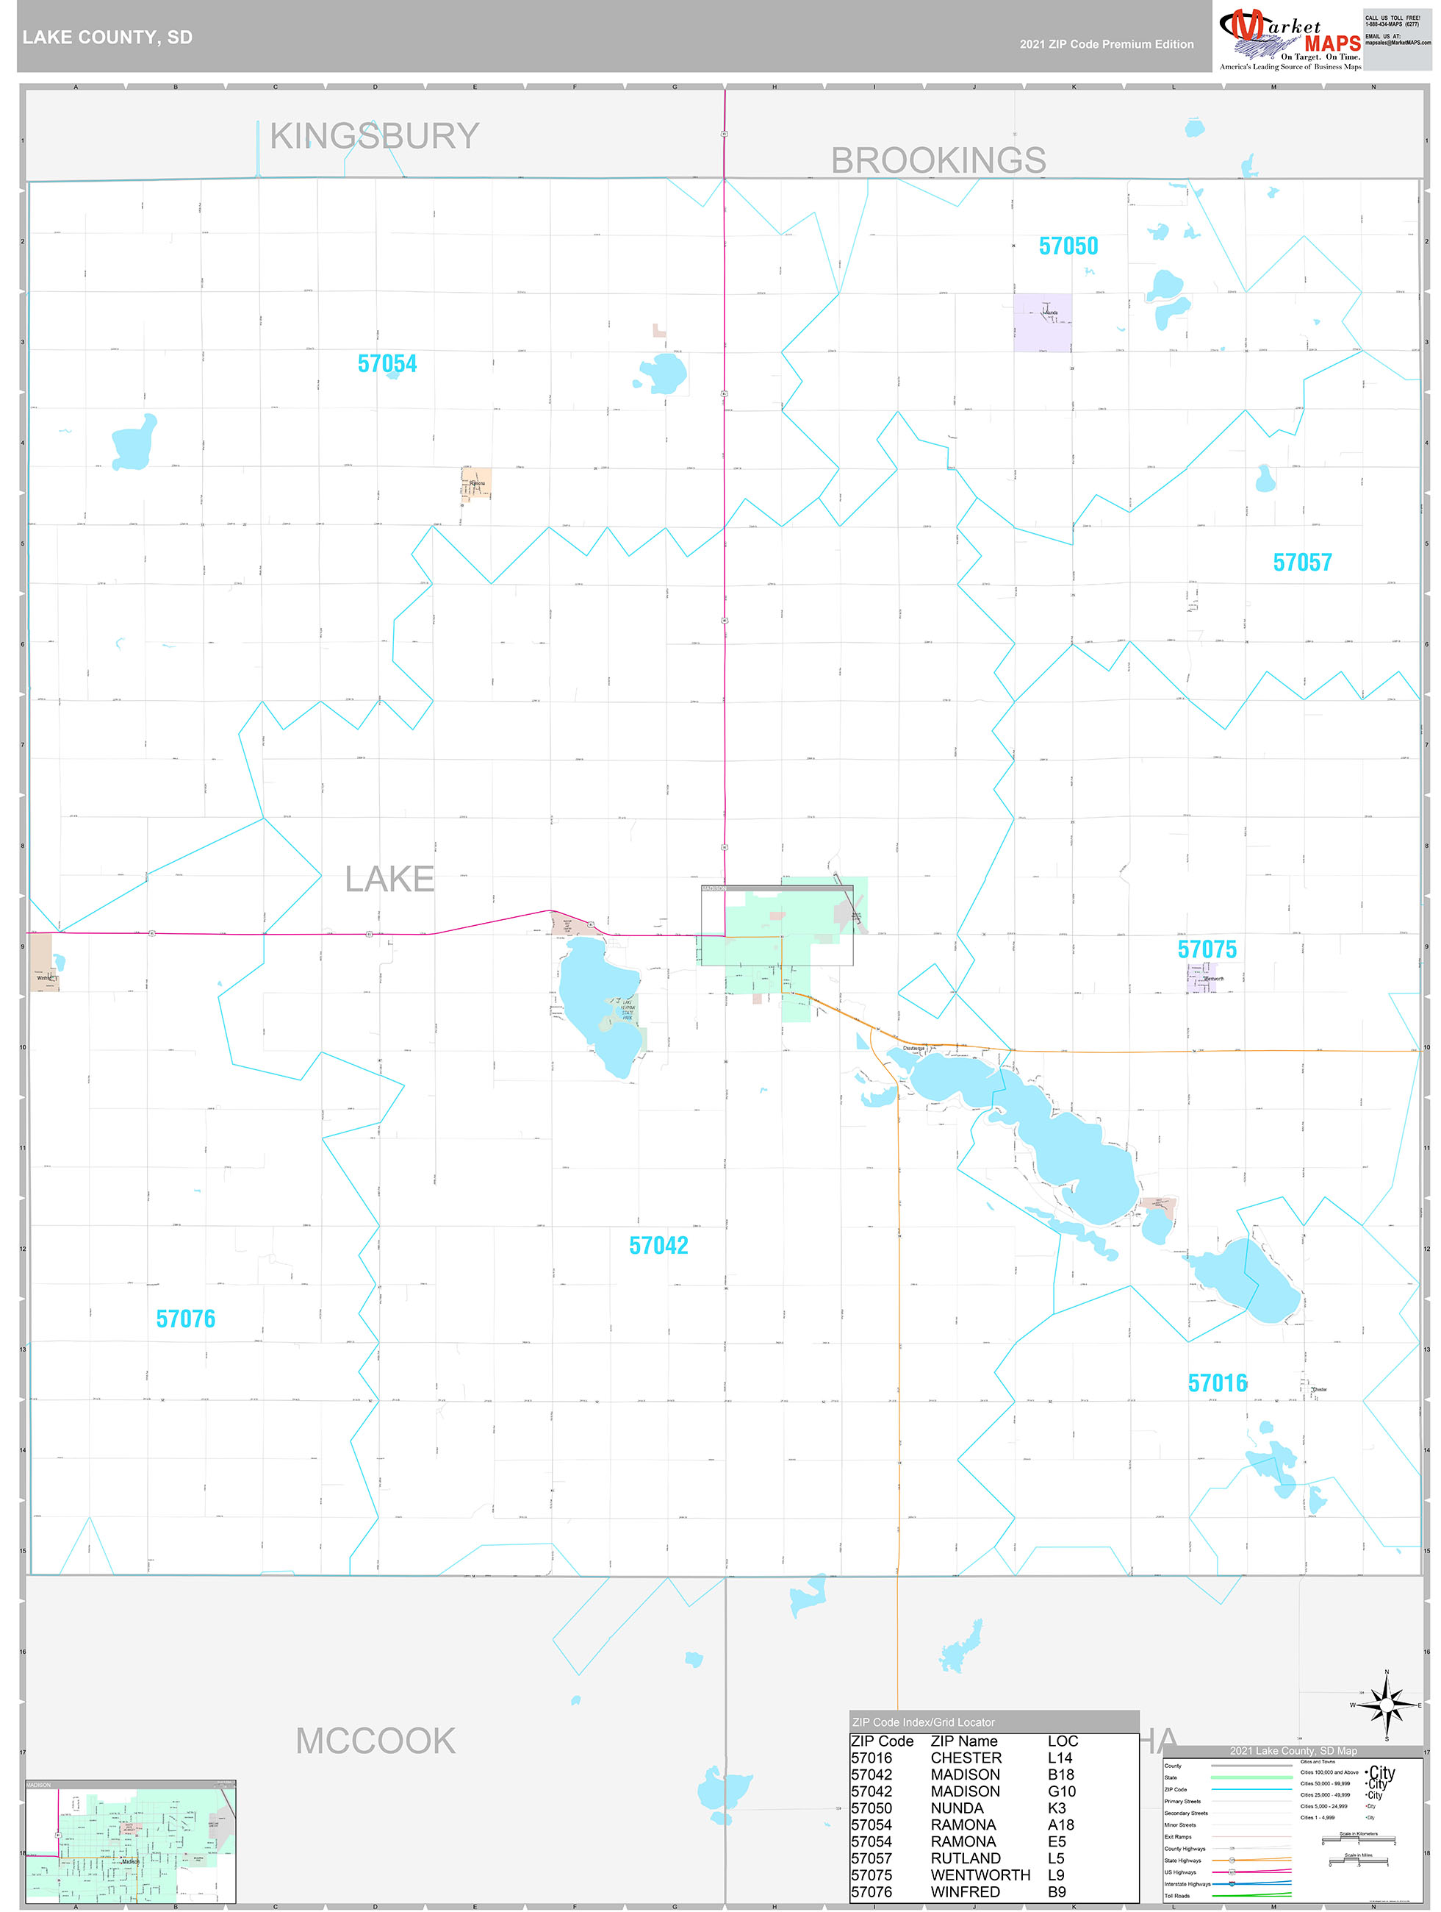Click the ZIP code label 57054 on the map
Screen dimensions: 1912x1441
coord(387,364)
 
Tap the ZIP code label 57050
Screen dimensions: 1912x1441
coord(1068,246)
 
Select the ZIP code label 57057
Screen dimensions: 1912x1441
coord(1302,563)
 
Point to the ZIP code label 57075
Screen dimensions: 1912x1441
coord(1207,949)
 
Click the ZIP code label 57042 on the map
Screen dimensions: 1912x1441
coord(658,1246)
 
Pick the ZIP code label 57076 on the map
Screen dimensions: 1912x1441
coord(186,1319)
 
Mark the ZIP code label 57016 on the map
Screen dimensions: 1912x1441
coord(1218,1383)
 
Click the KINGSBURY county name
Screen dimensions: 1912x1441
coord(374,137)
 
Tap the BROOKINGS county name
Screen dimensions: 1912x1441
coord(938,161)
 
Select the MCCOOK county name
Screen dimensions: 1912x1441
coord(375,1741)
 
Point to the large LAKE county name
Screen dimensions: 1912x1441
coord(389,879)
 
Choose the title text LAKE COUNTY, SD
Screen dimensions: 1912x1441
coord(108,38)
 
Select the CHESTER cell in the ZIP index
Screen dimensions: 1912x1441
coord(966,1758)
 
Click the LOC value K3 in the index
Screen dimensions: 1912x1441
coord(1057,1808)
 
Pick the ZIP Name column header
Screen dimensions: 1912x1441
coord(963,1741)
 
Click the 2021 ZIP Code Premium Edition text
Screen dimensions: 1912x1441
coord(1106,44)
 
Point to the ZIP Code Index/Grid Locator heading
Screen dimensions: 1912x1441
coord(923,1722)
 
